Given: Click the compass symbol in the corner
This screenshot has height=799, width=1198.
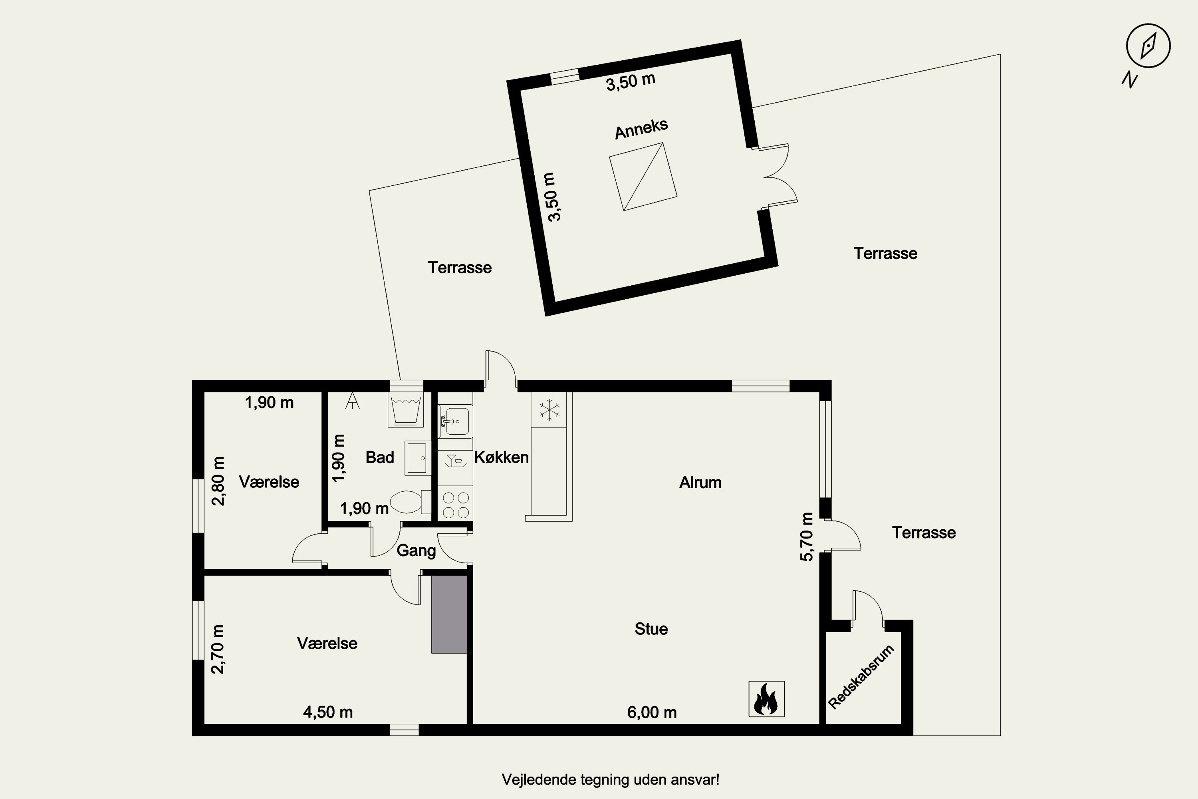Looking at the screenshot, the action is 1148,46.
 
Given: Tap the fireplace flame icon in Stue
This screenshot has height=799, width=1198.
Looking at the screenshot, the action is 766,699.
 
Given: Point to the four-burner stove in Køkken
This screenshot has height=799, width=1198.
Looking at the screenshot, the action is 455,503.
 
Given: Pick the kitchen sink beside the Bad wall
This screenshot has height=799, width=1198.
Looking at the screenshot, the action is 455,421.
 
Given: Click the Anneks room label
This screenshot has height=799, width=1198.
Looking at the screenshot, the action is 641,129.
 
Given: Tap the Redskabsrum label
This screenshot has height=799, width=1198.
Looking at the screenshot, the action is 861,677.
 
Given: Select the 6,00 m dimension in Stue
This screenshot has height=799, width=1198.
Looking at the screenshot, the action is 652,712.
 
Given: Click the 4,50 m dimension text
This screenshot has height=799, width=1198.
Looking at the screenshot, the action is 328,712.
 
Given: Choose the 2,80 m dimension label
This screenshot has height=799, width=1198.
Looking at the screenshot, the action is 218,481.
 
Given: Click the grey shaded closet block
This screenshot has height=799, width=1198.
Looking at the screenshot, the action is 449,614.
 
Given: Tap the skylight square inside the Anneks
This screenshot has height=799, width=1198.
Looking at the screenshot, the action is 643,176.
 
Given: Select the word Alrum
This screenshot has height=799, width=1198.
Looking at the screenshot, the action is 700,483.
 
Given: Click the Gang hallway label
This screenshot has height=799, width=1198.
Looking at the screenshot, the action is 416,551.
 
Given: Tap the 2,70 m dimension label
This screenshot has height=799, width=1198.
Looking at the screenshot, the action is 218,649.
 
